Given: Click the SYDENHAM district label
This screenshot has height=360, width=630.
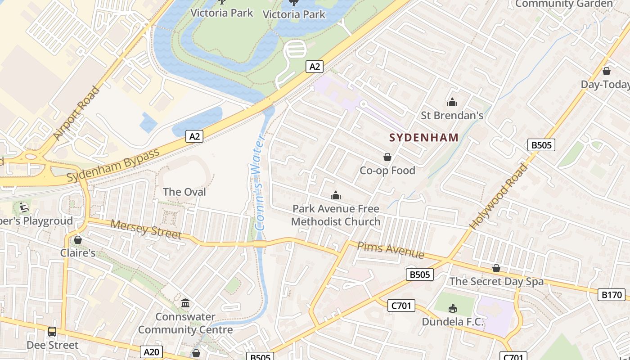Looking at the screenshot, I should point(423,138).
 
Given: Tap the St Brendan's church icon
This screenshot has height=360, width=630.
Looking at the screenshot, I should point(452,103).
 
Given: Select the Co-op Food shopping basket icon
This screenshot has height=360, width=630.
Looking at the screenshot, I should point(387,157).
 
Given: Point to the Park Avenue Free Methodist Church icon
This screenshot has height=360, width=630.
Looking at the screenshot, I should point(335,195).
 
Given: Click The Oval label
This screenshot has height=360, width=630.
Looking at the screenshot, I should point(184,192).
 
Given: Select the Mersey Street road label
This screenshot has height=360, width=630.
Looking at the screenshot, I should point(146,229).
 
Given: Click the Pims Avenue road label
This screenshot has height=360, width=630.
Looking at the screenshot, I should point(391,251).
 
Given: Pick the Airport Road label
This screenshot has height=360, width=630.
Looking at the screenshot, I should point(76,112).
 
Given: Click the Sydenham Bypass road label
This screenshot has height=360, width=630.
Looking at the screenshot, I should point(113,165).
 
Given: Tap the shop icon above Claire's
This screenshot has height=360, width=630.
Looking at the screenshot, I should point(78,240).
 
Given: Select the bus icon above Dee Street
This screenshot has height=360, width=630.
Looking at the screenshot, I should point(52,332).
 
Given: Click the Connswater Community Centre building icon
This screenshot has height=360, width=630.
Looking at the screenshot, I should point(185,303).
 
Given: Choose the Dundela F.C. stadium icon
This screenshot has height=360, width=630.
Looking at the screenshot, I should point(453,308).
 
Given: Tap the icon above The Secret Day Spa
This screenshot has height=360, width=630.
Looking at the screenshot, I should point(496,268).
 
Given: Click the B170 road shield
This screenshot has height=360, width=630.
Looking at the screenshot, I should point(612,295).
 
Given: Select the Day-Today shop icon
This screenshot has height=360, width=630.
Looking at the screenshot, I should point(607,71).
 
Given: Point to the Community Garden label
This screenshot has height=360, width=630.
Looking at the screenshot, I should point(564,4).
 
